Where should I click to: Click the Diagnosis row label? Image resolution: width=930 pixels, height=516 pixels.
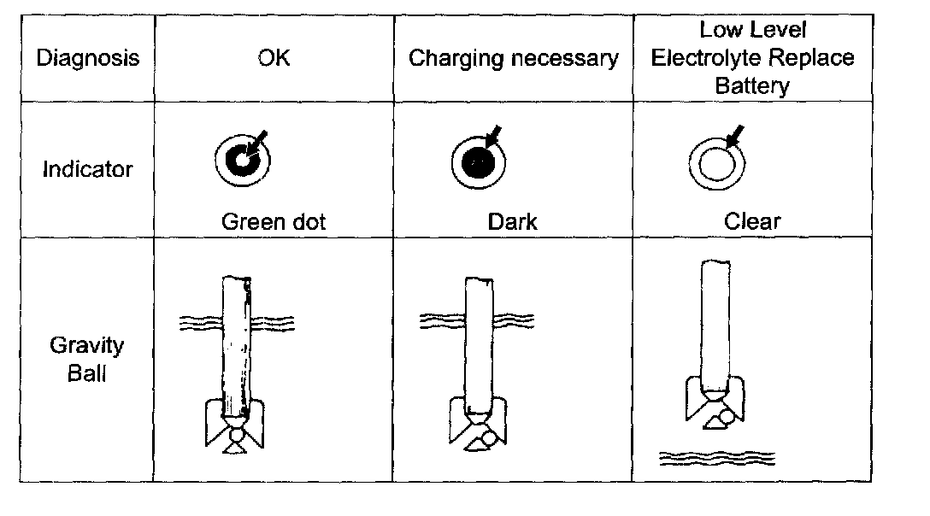point(87,59)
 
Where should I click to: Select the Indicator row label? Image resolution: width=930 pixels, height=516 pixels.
point(87,169)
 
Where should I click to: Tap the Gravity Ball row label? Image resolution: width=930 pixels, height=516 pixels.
point(87,359)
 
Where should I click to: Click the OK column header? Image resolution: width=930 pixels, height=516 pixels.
point(274,59)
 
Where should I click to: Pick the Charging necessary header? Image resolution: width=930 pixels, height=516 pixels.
point(513,59)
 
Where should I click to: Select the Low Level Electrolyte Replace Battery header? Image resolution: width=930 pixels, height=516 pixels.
point(752,58)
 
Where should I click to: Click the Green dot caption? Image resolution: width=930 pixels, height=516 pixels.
point(274,222)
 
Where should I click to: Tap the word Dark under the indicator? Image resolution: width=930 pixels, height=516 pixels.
point(513,222)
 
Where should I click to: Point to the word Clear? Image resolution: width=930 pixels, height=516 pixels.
point(752,222)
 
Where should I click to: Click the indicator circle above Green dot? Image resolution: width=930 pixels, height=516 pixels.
point(242,160)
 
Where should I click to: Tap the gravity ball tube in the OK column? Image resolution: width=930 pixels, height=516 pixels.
point(238,342)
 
